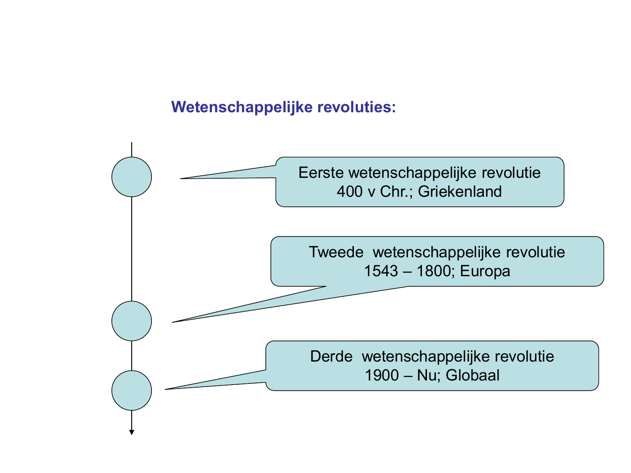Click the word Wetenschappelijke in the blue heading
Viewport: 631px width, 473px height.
241,107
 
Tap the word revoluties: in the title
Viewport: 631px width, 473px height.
356,107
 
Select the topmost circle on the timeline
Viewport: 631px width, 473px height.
131,177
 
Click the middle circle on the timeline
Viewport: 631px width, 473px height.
131,321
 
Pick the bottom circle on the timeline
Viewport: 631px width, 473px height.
131,391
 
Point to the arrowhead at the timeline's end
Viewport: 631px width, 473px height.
131,433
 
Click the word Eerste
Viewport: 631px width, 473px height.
321,173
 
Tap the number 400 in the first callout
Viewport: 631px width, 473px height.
349,192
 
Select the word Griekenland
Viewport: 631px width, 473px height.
460,192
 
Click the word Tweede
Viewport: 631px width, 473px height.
336,252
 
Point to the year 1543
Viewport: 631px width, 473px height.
381,271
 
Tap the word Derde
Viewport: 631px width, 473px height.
331,357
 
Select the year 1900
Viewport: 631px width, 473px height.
382,375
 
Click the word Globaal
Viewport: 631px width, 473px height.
472,375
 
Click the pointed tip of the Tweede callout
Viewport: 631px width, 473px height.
172,322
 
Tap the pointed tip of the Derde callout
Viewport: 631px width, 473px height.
165,389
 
